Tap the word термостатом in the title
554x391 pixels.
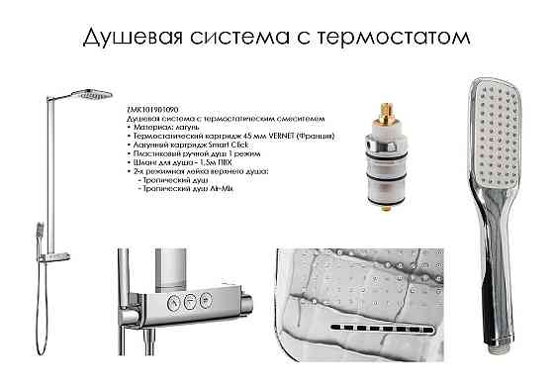409,38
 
